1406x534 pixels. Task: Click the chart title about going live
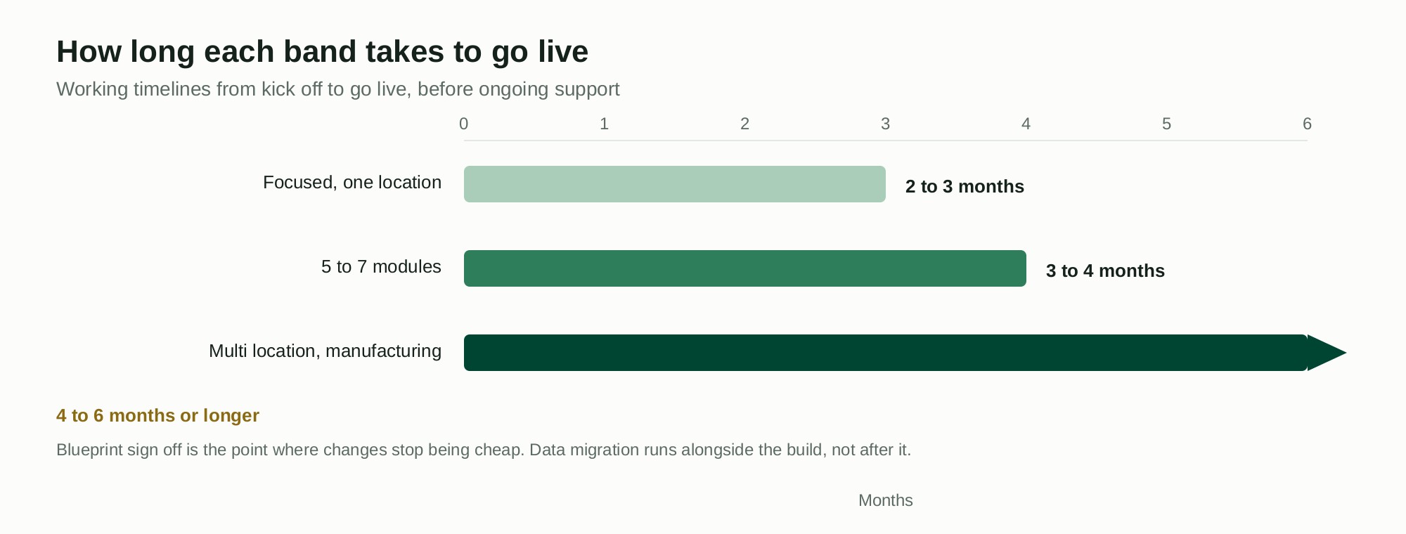tap(322, 52)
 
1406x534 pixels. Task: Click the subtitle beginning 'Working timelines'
tap(338, 89)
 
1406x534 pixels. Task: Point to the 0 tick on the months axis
tap(464, 124)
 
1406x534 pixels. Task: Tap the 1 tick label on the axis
tap(605, 124)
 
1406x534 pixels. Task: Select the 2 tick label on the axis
tap(745, 124)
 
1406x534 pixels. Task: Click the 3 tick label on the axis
tap(886, 124)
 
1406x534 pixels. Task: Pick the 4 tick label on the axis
tap(1026, 124)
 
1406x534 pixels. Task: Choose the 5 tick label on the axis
tap(1167, 124)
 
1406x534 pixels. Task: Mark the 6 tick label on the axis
tap(1308, 124)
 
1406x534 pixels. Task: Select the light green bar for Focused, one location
tap(675, 184)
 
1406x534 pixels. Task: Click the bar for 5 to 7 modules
tap(745, 268)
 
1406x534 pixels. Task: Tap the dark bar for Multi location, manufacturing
tap(886, 353)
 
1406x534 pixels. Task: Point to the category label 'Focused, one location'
tap(352, 183)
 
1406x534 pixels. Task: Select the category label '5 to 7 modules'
tap(381, 267)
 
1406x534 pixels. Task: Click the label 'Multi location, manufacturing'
tap(325, 351)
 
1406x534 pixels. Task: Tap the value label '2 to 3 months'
tap(965, 187)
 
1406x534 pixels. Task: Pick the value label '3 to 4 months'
tap(1105, 271)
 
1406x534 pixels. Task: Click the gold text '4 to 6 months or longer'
tap(157, 416)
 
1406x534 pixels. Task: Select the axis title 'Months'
tap(886, 500)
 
